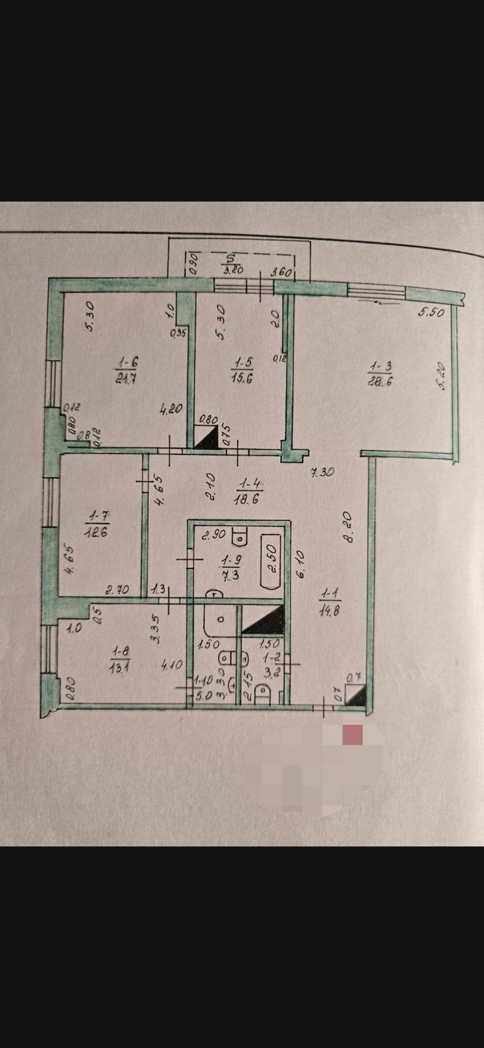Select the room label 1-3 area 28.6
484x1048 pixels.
pos(380,374)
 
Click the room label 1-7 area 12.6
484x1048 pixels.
pos(97,524)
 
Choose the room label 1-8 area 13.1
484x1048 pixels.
pos(120,659)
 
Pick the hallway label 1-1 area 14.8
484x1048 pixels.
pos(330,602)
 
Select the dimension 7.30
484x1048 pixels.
pos(322,472)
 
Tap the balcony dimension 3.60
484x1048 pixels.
pos(281,272)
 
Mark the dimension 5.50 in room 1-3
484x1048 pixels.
pos(431,313)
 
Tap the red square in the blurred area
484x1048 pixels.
pos(352,735)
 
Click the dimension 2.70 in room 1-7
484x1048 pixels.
pos(117,590)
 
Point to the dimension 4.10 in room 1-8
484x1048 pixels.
pos(172,665)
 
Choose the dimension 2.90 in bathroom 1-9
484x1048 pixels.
pos(213,535)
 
